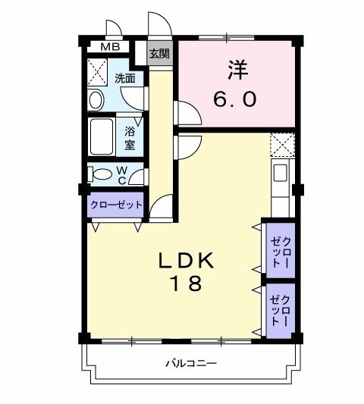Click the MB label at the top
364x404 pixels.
tap(111, 46)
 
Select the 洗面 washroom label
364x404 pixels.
tap(125, 78)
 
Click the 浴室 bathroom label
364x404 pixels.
tap(129, 136)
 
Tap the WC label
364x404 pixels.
tap(121, 175)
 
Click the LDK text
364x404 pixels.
tap(187, 260)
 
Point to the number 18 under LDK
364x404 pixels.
tap(187, 284)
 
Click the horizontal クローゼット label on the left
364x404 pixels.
tap(117, 205)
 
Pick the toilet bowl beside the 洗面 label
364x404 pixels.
tap(97, 99)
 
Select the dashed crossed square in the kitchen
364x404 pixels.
tap(281, 144)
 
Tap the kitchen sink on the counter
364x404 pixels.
tap(280, 174)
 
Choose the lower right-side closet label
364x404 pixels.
tap(280, 310)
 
